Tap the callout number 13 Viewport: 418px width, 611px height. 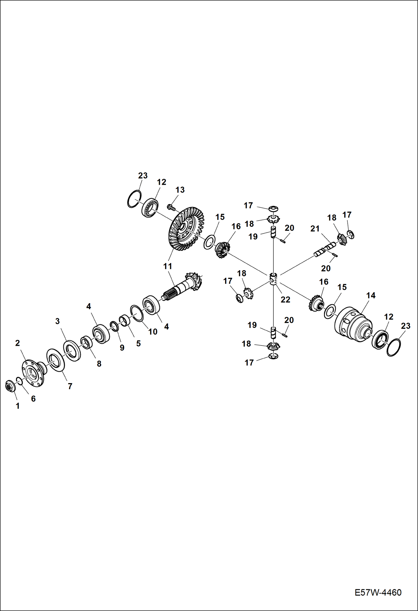click(180, 190)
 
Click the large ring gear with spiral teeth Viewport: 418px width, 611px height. click(186, 228)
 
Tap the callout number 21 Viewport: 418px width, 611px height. click(315, 229)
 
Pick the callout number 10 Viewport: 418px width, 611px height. click(153, 332)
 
